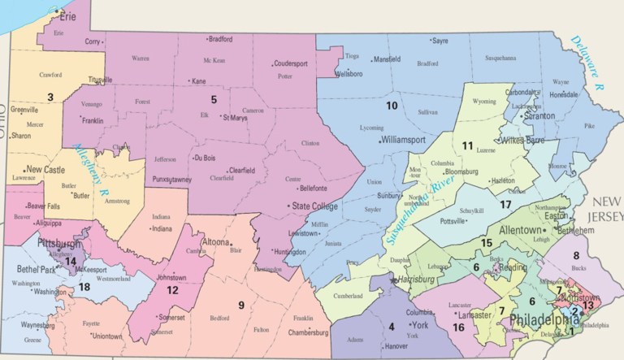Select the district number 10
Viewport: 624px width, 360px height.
[391, 106]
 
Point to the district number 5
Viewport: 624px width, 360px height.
[214, 100]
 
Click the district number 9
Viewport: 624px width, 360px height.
[240, 305]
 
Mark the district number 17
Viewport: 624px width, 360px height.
[505, 204]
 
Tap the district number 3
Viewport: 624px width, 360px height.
[50, 98]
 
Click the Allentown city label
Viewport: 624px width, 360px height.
[525, 231]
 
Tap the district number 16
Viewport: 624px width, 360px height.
[458, 327]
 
